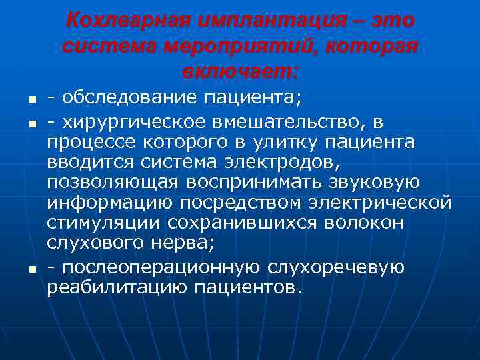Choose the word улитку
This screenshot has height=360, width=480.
(x=298, y=141)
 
